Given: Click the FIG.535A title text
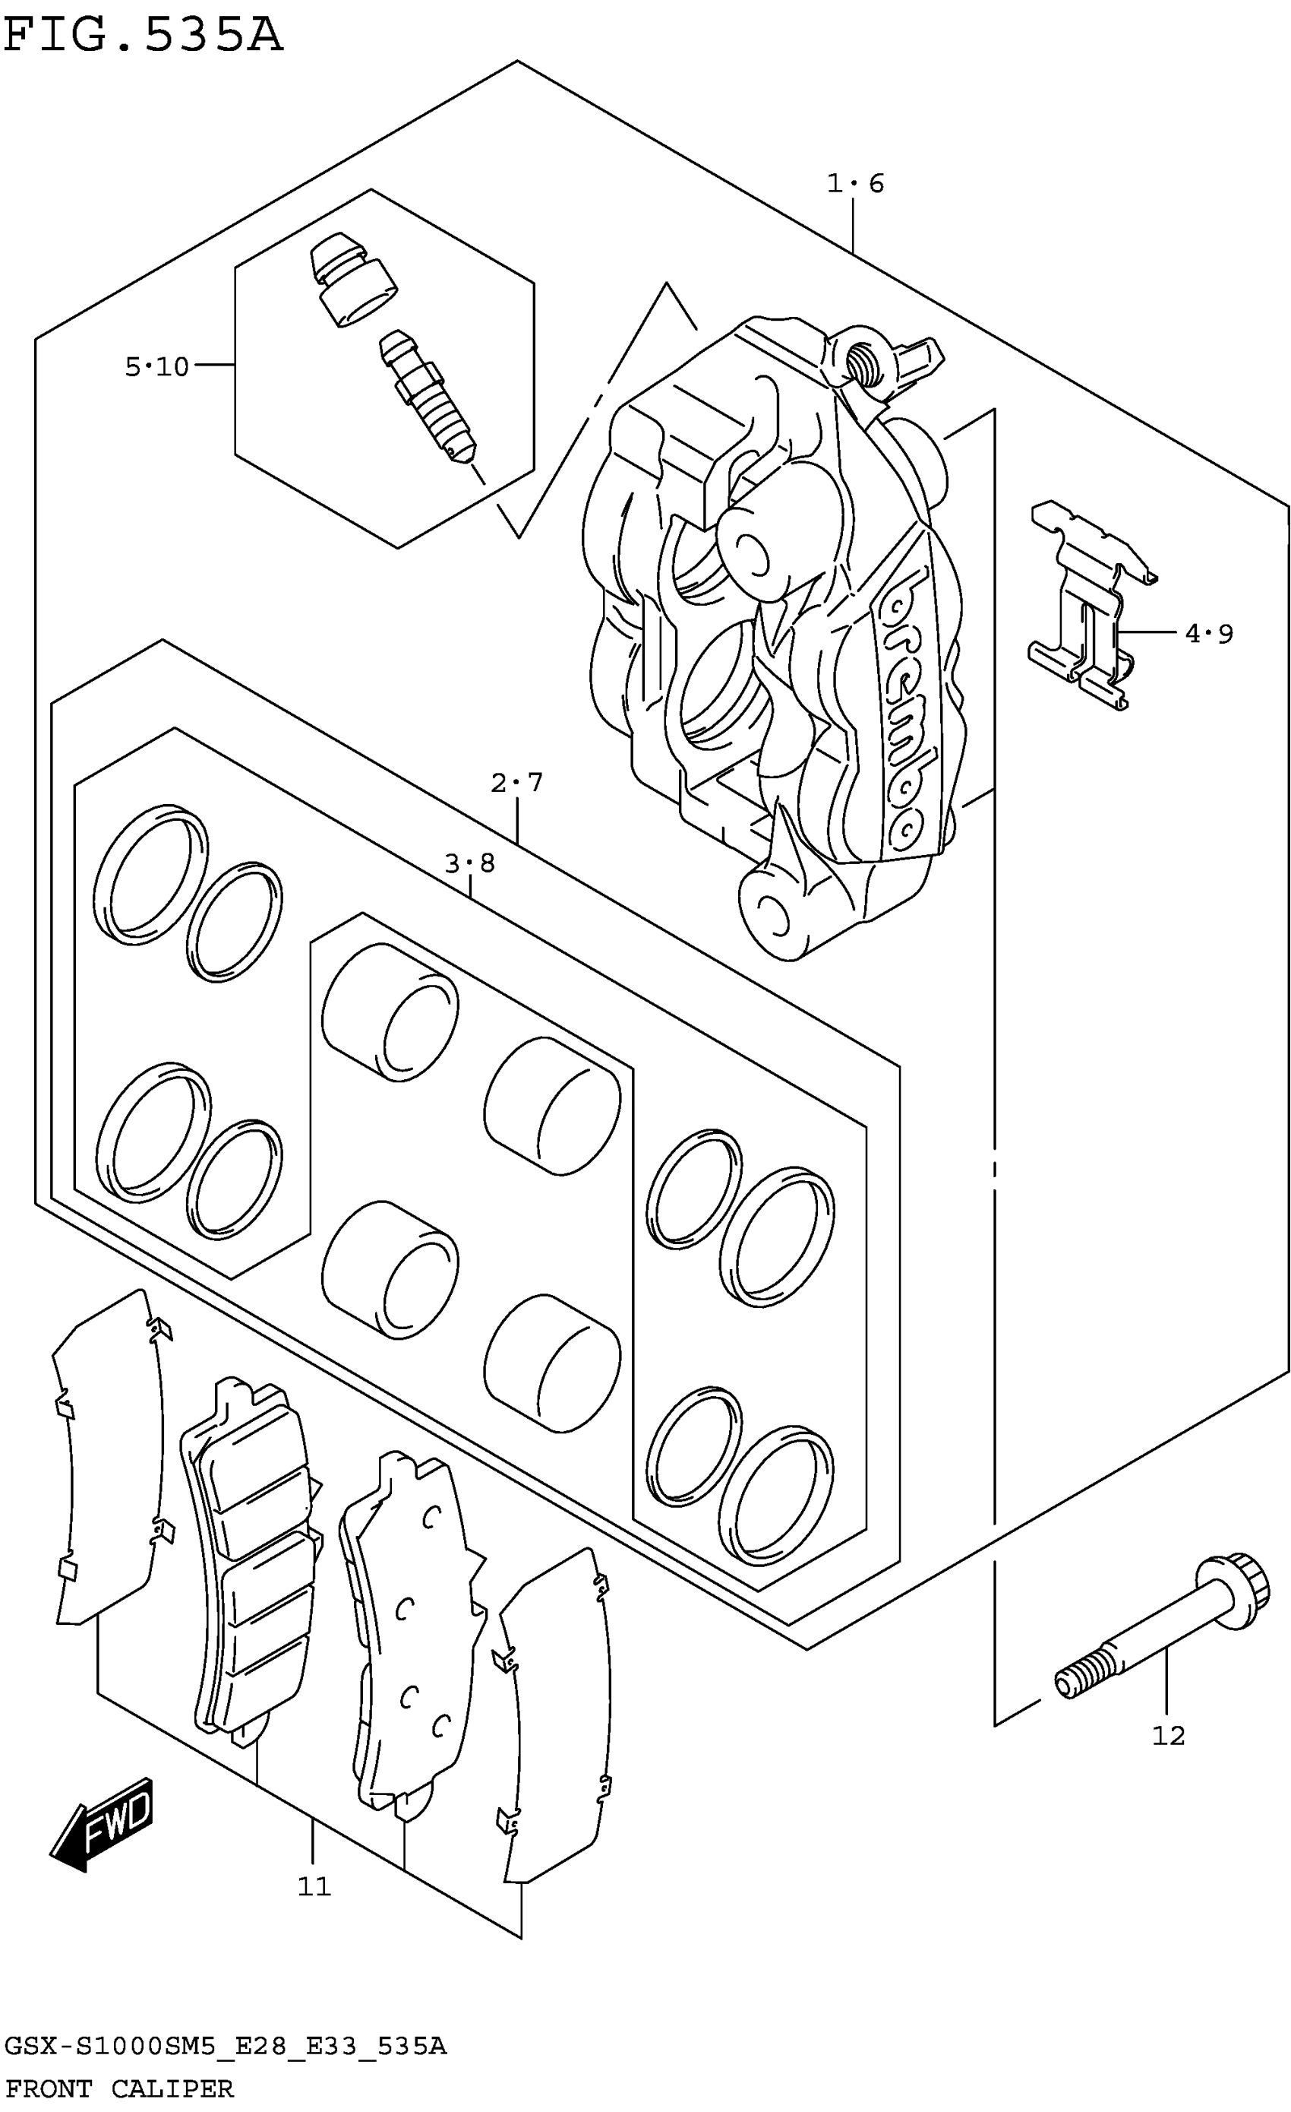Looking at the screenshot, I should click(x=142, y=36).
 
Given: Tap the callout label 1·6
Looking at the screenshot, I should click(x=855, y=183).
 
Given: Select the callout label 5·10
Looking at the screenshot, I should click(x=156, y=367).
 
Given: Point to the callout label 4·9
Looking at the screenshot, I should click(x=1209, y=635).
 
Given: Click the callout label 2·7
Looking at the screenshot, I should click(x=517, y=783).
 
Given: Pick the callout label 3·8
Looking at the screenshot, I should click(x=469, y=863).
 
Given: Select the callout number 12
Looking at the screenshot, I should click(x=1169, y=1737).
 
